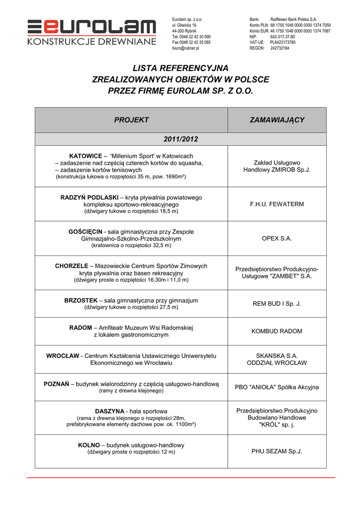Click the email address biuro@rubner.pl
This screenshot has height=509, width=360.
[185, 48]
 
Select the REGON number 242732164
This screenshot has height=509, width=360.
[279, 48]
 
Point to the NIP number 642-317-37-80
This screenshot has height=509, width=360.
[282, 37]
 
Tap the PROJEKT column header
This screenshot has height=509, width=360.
[131, 120]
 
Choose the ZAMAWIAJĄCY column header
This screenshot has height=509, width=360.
[277, 120]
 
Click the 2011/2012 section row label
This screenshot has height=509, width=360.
[180, 139]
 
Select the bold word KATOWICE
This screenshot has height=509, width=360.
[85, 156]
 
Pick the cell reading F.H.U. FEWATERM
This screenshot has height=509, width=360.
[277, 204]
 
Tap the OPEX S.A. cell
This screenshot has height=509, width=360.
[277, 239]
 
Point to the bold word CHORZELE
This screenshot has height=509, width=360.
[72, 266]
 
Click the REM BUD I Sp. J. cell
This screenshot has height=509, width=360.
[277, 304]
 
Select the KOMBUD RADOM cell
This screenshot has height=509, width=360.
[277, 331]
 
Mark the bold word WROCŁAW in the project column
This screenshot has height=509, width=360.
[63, 356]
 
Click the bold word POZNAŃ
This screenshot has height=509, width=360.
[56, 384]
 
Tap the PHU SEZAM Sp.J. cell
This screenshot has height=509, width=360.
[277, 451]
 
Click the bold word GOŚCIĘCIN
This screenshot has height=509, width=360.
[85, 232]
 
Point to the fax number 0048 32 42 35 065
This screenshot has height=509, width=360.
[194, 42]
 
